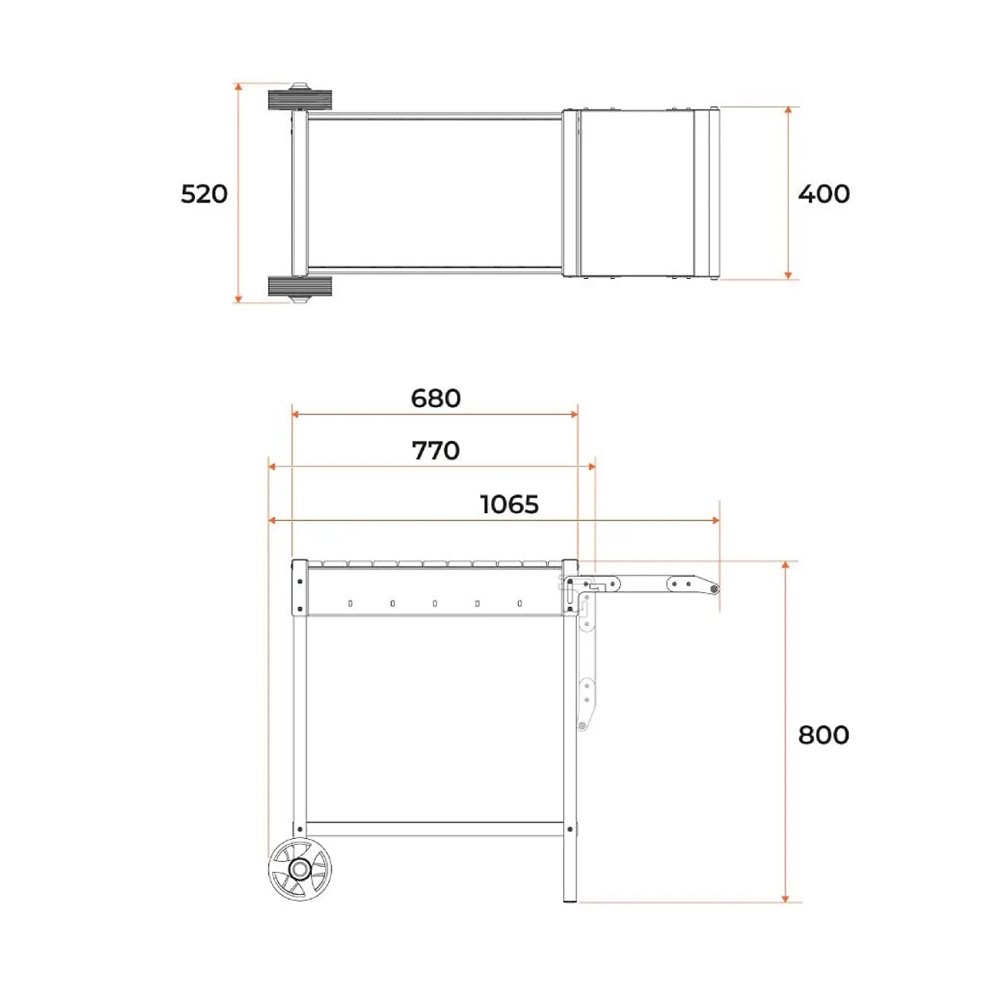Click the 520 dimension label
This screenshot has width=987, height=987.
click(204, 195)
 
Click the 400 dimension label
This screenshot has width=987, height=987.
click(823, 194)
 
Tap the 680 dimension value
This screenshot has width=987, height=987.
click(436, 398)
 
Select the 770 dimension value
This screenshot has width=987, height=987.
click(436, 451)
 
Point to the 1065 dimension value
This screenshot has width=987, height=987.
click(510, 504)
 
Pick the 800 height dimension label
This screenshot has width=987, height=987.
click(823, 735)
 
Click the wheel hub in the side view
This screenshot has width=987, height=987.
click(299, 869)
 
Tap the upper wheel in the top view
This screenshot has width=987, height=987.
click(300, 100)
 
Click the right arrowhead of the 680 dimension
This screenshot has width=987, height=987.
click(574, 414)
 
